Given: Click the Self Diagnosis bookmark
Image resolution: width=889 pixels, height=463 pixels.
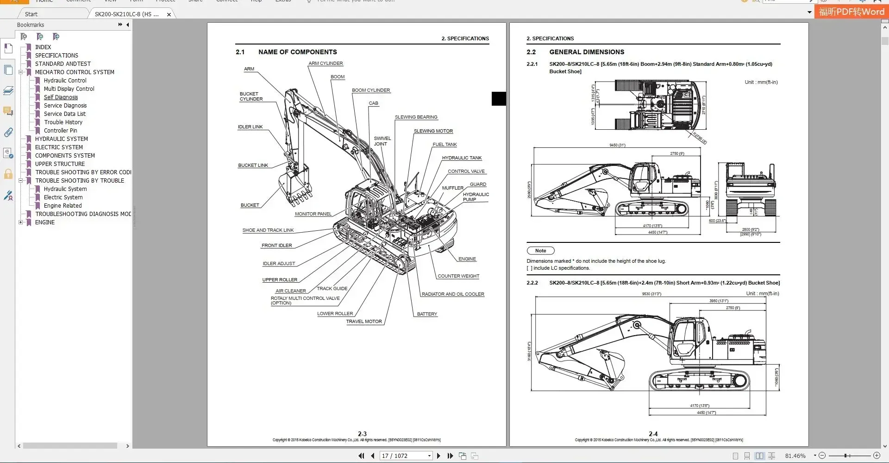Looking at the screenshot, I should [61, 97].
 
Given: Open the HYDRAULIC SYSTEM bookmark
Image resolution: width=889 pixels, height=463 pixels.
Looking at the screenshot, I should [61, 139].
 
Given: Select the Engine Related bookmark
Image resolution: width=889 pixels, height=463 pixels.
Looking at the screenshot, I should [63, 206].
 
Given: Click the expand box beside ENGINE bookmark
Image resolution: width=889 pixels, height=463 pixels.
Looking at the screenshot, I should [20, 222].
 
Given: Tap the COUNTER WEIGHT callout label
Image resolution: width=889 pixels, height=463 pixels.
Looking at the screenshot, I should [458, 276].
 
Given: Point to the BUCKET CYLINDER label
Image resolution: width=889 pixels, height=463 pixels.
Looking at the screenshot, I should [251, 96].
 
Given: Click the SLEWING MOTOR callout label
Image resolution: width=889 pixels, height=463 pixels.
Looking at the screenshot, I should [433, 131].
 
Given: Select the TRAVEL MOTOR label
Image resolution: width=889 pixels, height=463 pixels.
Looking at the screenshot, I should [364, 322].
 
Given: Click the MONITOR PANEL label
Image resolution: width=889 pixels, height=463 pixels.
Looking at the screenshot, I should [313, 214].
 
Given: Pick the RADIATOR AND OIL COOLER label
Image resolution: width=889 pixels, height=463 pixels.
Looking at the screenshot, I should [452, 294].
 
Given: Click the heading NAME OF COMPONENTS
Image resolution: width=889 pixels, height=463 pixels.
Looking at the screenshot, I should [297, 52].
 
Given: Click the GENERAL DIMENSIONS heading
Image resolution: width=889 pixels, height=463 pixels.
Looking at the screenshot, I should [586, 52].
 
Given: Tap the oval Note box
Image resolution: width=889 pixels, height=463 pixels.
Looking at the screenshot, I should [540, 251].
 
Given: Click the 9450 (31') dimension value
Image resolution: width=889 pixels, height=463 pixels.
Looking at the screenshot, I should [617, 146].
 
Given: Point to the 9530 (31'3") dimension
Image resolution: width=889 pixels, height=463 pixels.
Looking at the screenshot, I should [651, 294].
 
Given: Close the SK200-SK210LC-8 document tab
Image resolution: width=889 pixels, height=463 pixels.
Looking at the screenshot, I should [169, 14].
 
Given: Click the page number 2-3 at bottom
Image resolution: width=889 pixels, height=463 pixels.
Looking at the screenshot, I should [362, 434].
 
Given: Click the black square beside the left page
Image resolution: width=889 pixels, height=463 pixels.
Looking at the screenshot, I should [499, 99].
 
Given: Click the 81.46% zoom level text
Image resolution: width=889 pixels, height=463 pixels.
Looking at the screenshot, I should [795, 456].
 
